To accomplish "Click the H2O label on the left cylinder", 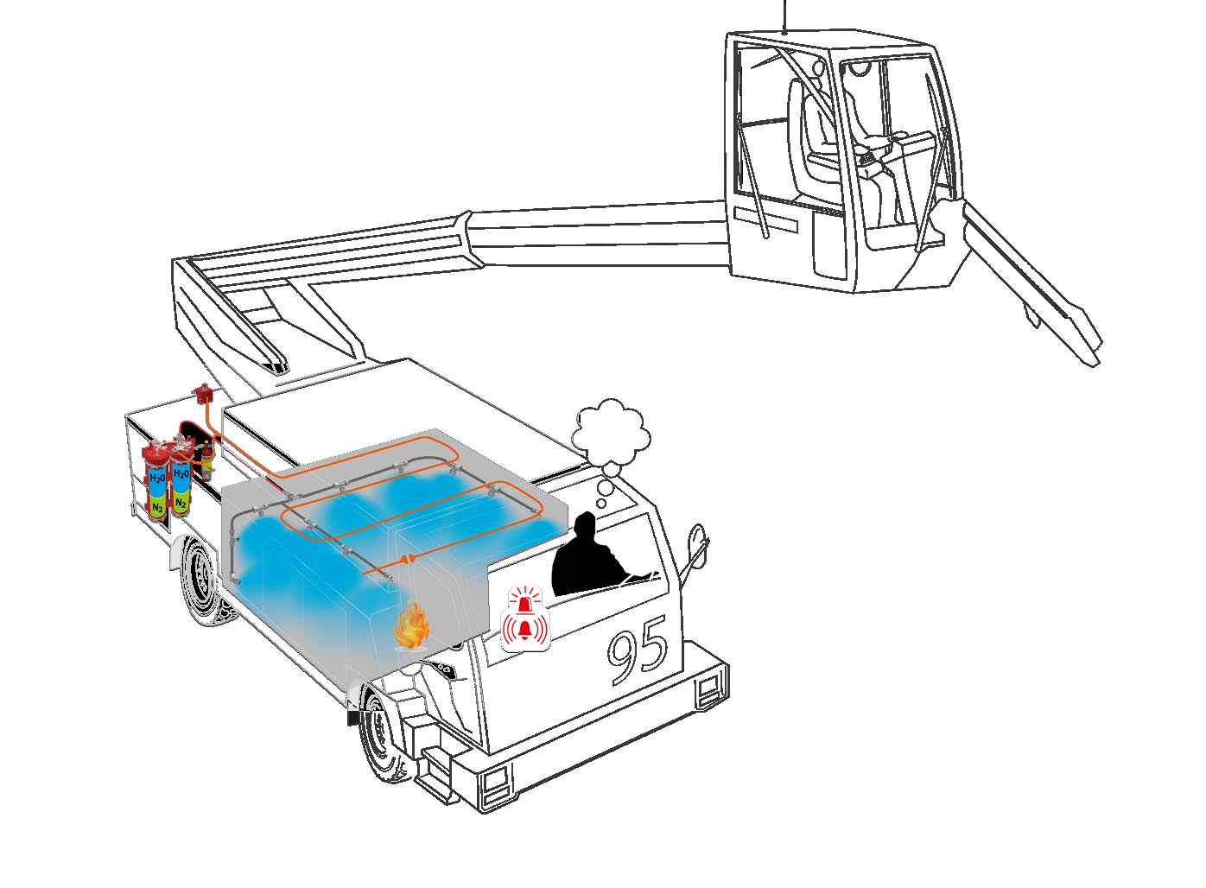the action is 157,478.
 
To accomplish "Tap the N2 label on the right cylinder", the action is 181,504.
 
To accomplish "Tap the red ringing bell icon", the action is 525,629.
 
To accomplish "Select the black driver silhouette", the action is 595,557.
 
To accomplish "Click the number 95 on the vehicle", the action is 638,650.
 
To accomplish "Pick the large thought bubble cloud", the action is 610,434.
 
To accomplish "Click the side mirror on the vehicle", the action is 696,541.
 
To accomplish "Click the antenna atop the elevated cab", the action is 785,17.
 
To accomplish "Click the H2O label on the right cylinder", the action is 181,473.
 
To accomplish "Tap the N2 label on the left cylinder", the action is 157,507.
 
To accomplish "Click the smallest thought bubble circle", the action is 601,504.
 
